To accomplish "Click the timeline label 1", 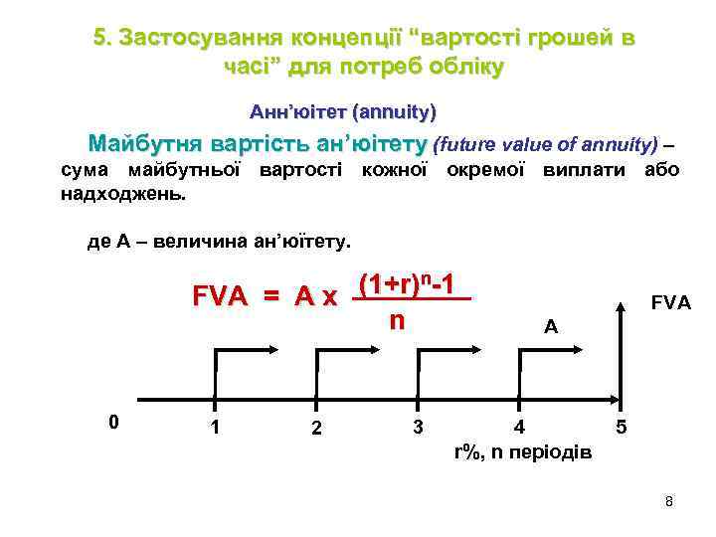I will point(216,429).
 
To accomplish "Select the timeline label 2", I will point(315,429).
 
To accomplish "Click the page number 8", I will point(669,501).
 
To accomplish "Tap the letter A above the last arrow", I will point(551,325).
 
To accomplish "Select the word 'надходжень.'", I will point(123,193).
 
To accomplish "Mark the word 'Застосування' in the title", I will point(199,38).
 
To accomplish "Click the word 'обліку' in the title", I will point(462,67).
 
